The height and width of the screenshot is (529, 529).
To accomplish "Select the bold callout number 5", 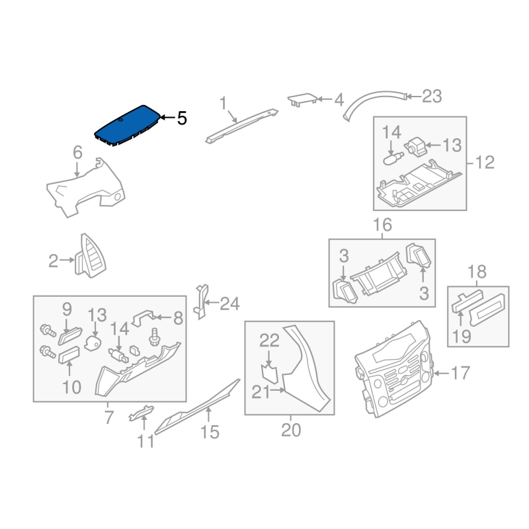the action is point(182,118).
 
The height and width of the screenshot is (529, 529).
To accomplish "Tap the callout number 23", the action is point(432,96).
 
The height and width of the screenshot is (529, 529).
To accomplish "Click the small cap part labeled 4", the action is point(302,99).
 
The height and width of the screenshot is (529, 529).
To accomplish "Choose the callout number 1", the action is point(223,103).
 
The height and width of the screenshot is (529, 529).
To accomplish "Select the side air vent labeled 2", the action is point(90,256).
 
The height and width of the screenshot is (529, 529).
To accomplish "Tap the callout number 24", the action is point(229,304).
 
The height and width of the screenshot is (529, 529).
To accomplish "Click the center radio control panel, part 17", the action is point(393,368).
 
